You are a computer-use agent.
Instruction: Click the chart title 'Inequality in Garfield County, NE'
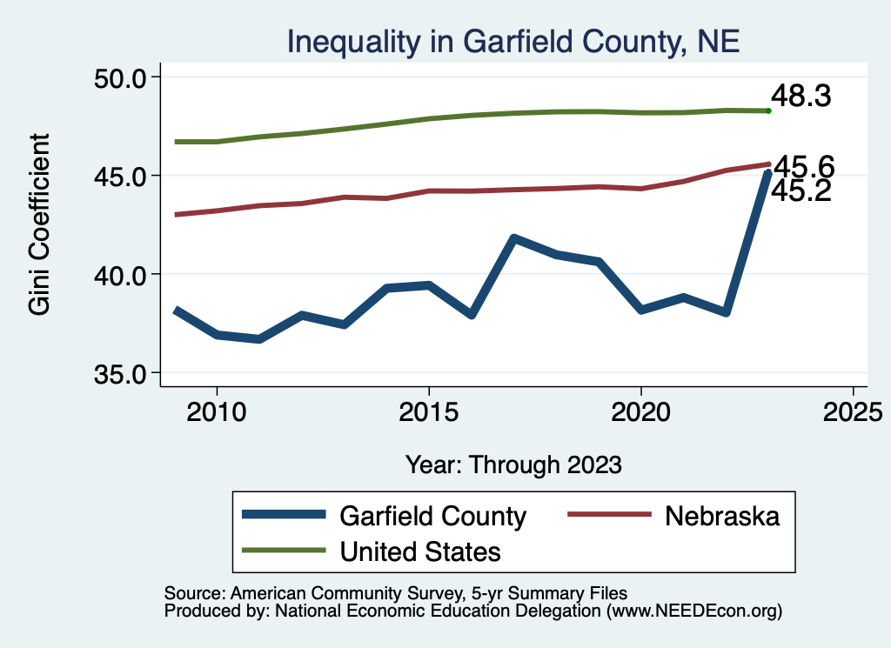click(x=513, y=42)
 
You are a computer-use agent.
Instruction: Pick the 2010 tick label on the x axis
click(x=217, y=410)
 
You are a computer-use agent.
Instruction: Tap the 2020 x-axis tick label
click(x=640, y=410)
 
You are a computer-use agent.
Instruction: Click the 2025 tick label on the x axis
click(x=853, y=410)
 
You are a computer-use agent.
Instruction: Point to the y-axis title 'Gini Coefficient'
click(x=40, y=224)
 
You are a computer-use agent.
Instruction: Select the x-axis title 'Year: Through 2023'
click(x=513, y=464)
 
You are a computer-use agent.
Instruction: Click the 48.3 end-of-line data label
click(x=801, y=97)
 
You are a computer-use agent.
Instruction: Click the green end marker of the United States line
click(x=768, y=110)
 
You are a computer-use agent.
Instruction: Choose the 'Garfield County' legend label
click(x=432, y=516)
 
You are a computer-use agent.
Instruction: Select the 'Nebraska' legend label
click(x=722, y=516)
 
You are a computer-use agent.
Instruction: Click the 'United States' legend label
click(x=419, y=551)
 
